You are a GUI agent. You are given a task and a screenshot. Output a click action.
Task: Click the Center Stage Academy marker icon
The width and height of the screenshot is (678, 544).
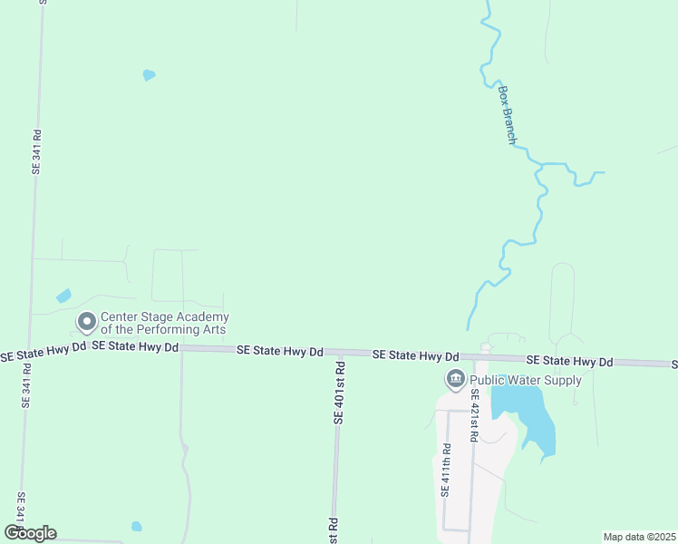click(x=87, y=322)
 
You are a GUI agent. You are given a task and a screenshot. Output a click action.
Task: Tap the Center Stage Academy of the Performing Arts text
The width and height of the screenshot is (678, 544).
click(x=164, y=323)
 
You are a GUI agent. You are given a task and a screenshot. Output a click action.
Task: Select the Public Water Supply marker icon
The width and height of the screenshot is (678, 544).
click(x=454, y=379)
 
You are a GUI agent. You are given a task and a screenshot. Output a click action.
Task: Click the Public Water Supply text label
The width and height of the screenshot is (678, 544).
click(x=526, y=380)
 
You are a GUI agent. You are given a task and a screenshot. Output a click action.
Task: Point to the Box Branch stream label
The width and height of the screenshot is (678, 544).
click(x=508, y=115)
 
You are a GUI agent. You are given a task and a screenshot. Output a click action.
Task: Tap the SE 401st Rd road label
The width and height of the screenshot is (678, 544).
click(x=339, y=393)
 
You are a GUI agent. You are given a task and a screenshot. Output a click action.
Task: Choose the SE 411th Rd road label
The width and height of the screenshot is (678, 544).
click(x=445, y=470)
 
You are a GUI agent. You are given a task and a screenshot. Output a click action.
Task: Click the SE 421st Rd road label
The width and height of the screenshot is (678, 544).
click(x=473, y=415)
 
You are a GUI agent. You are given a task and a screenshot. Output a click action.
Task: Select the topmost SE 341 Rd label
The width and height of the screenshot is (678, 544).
click(x=36, y=151)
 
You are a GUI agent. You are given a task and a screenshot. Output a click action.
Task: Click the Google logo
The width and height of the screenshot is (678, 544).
click(x=30, y=533)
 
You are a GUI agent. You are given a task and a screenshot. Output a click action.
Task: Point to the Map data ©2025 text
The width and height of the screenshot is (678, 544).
click(x=639, y=537)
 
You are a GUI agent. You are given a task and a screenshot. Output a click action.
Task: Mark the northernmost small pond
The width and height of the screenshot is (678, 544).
click(x=149, y=75)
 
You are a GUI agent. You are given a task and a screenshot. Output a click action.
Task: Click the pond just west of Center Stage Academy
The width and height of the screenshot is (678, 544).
click(x=63, y=296)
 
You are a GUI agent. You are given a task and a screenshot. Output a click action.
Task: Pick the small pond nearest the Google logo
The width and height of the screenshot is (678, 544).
click(x=136, y=526)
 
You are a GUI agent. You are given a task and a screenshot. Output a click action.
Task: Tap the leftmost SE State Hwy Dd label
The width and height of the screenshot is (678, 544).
click(x=43, y=346)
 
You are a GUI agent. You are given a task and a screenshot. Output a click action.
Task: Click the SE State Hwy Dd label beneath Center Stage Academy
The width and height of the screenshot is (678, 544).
click(x=134, y=346)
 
